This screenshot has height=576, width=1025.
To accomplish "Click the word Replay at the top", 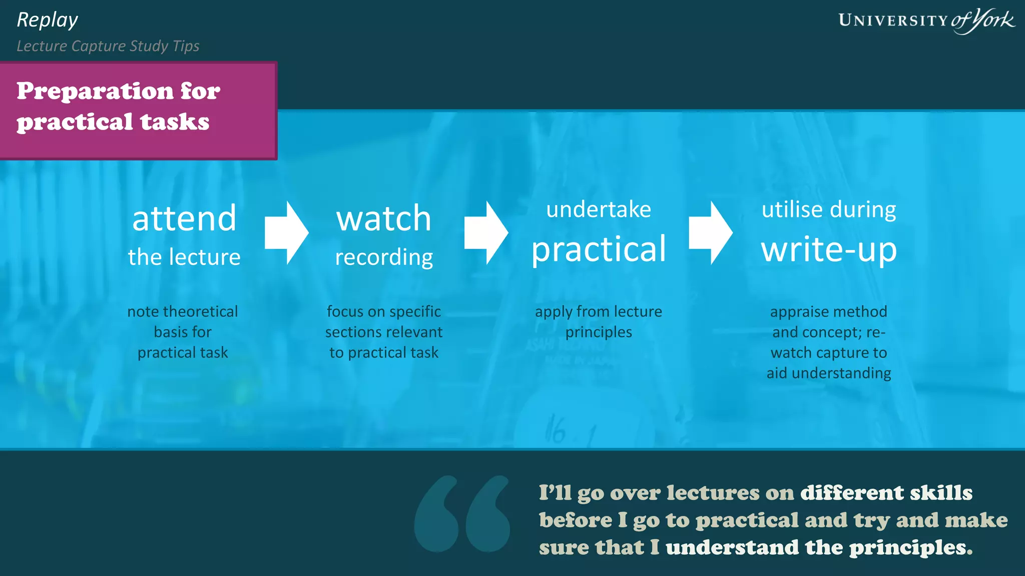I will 47,20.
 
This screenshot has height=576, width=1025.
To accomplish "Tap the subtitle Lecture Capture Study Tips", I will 108,46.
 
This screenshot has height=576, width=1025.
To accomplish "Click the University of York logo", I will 926,20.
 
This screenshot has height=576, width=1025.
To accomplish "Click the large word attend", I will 184,218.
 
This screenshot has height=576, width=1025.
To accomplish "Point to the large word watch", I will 383,218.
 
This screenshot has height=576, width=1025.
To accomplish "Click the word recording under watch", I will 383,257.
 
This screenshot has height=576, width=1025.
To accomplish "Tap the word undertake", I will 599,209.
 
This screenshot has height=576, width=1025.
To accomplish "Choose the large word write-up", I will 829,249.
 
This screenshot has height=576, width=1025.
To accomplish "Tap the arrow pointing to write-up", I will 710,232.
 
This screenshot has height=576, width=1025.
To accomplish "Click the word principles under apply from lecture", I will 599,332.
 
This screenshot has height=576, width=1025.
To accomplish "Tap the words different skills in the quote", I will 886,493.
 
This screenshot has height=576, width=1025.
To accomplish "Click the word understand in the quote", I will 732,547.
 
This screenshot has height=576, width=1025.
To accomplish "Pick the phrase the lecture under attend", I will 184,257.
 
